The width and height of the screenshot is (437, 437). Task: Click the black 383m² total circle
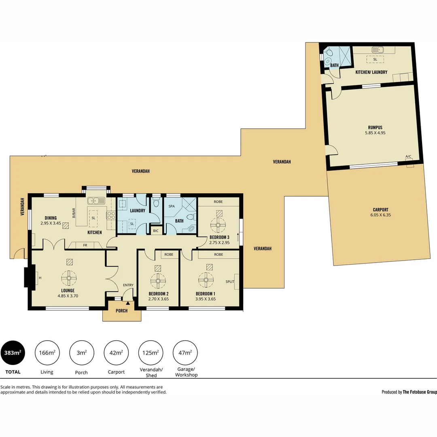(13, 353)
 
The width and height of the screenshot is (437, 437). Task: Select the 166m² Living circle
(47, 353)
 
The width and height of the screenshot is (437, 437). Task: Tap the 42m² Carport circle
(116, 353)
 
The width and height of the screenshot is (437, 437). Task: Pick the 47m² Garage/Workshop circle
(185, 353)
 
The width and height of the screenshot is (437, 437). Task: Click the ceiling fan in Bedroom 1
(206, 279)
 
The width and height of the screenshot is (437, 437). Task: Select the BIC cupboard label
(156, 231)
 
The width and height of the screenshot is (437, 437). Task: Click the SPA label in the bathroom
(172, 206)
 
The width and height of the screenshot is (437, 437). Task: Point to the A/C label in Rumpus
(408, 156)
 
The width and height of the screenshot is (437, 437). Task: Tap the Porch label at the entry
(121, 311)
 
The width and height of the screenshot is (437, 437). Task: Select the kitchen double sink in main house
(96, 200)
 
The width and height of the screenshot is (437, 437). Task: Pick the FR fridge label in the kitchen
(85, 245)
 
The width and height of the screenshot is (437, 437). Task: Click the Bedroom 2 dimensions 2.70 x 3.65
(159, 299)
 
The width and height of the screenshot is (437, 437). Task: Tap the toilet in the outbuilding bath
(329, 52)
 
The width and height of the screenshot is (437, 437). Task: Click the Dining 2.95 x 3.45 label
(50, 221)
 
